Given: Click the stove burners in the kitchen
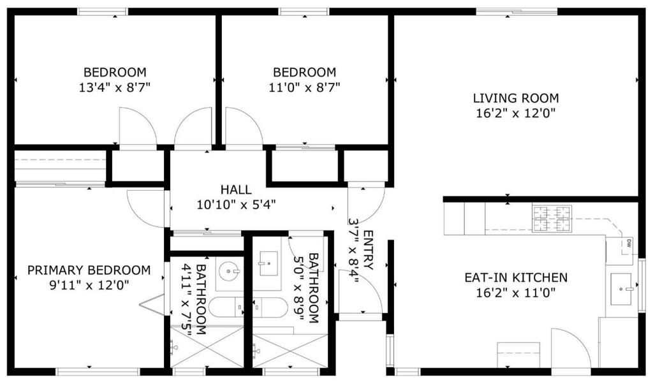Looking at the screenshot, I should tap(552, 219).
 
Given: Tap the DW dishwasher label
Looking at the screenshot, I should tap(628, 242).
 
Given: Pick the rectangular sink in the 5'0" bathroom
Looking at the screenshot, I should tap(268, 262).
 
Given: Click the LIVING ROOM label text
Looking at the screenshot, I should tap(515, 98).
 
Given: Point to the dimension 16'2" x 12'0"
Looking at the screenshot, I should tap(515, 114).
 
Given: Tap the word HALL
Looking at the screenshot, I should tap(236, 189).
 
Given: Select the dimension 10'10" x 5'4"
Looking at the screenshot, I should tap(236, 205).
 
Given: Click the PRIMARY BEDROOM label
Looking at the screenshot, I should tap(89, 270).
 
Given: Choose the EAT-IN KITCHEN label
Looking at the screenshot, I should tap(515, 277).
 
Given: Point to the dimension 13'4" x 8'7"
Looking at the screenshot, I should tap(115, 87).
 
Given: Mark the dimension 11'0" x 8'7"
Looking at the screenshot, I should tap(304, 87).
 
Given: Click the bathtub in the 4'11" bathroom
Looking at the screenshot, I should tap(226, 307).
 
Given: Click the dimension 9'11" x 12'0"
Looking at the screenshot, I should tap(89, 285).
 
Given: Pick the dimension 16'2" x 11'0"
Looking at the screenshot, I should tap(515, 293).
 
